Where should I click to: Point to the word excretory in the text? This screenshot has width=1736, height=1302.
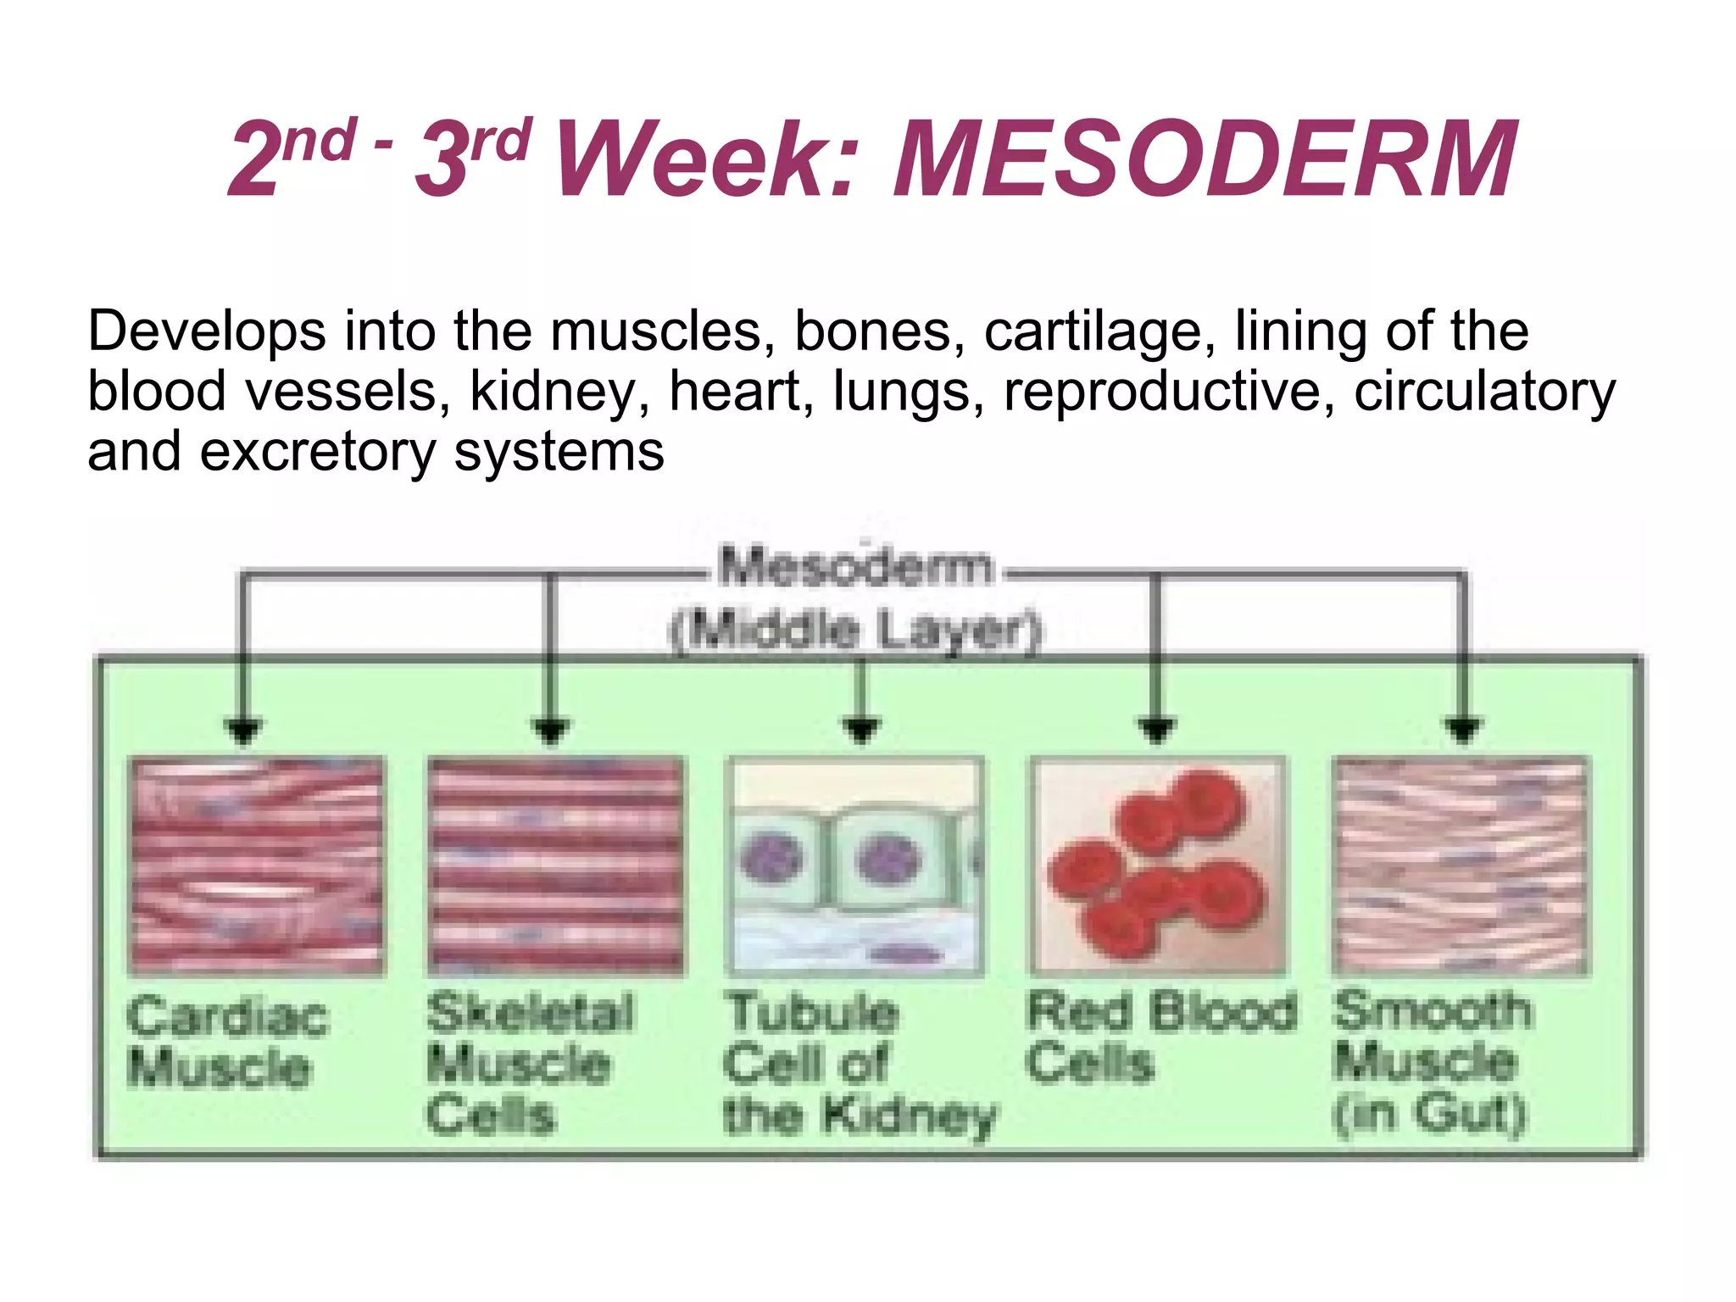pos(317,453)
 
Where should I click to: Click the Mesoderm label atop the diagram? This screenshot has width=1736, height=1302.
pos(854,567)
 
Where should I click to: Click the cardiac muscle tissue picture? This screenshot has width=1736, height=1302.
pos(256,865)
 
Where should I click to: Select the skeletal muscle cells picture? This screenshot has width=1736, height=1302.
pos(556,865)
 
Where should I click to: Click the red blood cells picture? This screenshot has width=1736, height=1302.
pos(1158,865)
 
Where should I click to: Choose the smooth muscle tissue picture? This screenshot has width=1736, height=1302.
pos(1460,865)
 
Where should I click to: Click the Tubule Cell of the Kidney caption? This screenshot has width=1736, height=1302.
pos(856,1064)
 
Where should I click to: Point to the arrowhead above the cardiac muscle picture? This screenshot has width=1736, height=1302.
pos(244,730)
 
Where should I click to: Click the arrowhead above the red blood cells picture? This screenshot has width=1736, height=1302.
pos(1158,730)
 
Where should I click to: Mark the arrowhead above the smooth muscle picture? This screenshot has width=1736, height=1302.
pos(1463,730)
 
